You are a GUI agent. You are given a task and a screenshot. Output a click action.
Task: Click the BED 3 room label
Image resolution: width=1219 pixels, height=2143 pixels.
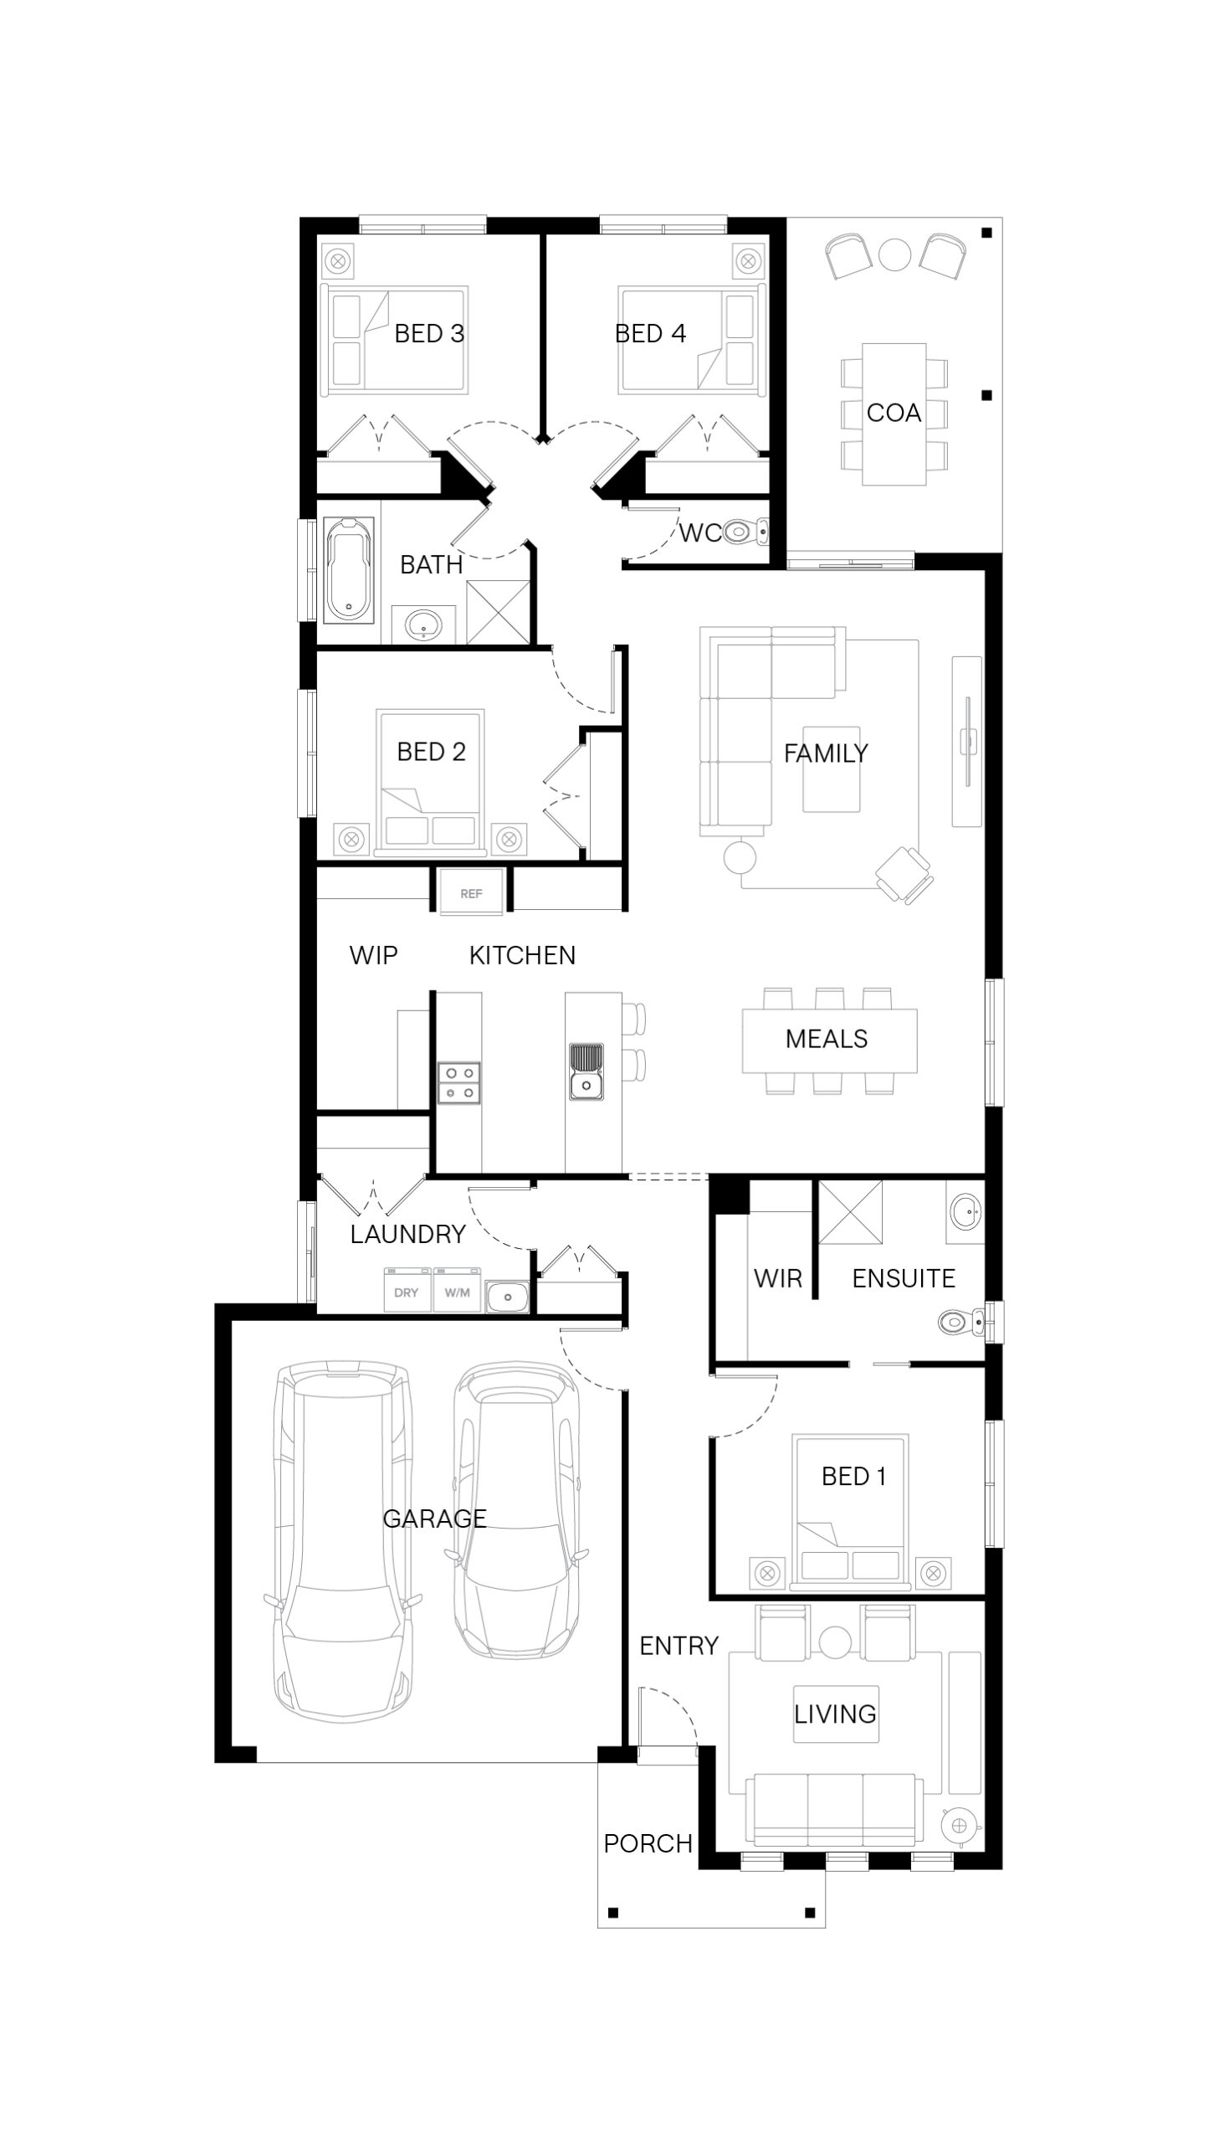[x=428, y=333]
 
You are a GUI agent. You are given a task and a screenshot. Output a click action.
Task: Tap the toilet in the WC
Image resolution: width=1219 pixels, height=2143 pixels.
[x=745, y=531]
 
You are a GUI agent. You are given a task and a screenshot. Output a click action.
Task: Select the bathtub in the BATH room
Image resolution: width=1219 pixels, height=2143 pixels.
[x=349, y=569]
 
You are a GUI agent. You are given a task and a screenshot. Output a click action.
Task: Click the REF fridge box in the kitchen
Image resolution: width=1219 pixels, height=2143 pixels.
[x=471, y=890]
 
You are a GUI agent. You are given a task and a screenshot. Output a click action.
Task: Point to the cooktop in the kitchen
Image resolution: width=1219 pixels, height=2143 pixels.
[x=459, y=1082]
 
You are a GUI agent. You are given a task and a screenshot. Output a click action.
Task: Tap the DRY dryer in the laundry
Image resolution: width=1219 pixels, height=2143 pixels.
[x=407, y=1291]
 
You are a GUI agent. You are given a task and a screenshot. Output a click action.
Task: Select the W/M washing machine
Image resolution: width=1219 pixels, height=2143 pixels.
[x=457, y=1291]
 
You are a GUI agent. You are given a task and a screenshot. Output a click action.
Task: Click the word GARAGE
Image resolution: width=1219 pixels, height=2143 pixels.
[x=434, y=1519]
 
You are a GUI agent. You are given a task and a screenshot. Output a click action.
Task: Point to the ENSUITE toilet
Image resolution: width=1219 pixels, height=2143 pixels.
[x=965, y=1323]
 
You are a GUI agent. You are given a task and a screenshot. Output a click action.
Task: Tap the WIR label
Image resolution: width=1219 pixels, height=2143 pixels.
[x=778, y=1278]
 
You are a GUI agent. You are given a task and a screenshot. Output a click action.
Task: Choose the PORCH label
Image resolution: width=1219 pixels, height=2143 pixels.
[x=648, y=1843]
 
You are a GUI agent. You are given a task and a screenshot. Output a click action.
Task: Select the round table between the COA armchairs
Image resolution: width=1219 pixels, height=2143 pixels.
[x=895, y=254]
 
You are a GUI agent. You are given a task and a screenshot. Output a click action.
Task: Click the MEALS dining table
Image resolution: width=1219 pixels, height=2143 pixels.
[x=830, y=1040]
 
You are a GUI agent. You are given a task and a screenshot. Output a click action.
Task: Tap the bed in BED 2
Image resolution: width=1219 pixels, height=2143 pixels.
[x=430, y=782]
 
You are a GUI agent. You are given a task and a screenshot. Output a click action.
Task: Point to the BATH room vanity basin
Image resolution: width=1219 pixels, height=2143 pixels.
[x=424, y=624]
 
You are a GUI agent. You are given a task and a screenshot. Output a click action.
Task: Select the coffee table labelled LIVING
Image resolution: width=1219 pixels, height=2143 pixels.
[x=836, y=1714]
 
